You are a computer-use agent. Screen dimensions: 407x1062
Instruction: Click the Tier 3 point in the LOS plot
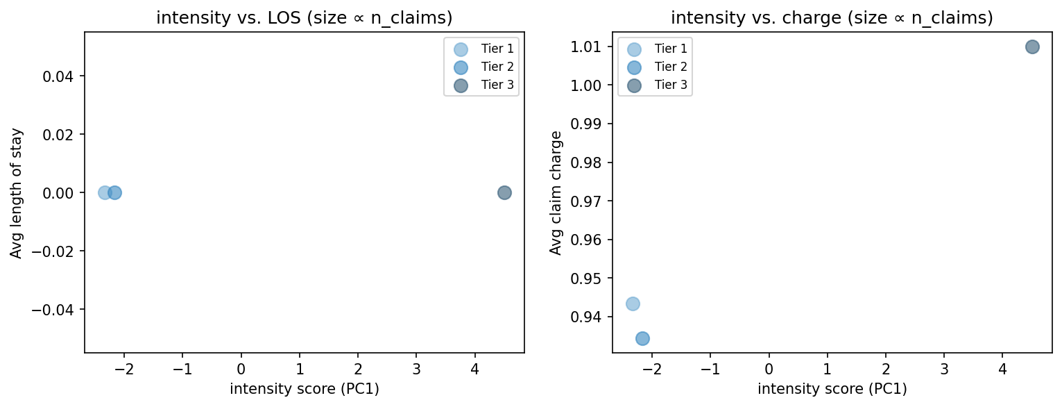pyautogui.click(x=504, y=192)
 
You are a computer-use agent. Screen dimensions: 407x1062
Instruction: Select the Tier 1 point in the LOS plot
pyautogui.click(x=104, y=192)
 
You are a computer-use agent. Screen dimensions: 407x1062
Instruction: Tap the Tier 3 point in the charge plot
pyautogui.click(x=1032, y=47)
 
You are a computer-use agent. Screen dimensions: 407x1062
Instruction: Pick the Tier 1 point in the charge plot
pyautogui.click(x=633, y=304)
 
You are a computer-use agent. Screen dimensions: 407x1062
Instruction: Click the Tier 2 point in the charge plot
pyautogui.click(x=642, y=338)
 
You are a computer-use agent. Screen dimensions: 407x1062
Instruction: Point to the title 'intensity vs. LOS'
pyautogui.click(x=304, y=19)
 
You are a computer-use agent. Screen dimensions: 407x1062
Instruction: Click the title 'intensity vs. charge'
pyautogui.click(x=832, y=19)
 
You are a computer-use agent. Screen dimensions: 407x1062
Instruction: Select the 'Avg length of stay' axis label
pyautogui.click(x=16, y=192)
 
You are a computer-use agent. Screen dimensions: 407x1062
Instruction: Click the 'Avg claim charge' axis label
pyautogui.click(x=556, y=192)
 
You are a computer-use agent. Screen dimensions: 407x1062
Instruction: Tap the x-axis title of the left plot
pyautogui.click(x=304, y=389)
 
